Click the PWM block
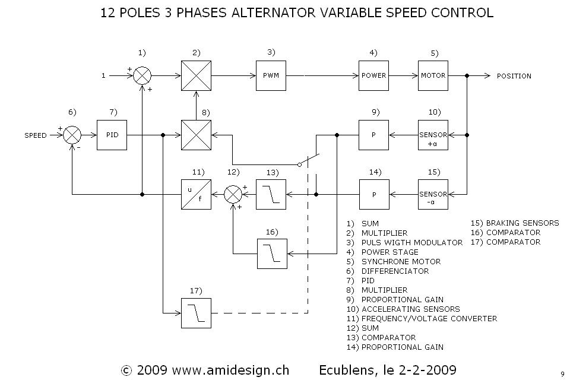(x=271, y=76)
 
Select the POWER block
(x=373, y=76)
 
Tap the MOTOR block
(x=433, y=76)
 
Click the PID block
(x=112, y=135)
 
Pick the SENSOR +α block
(x=433, y=135)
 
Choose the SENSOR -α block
(x=433, y=194)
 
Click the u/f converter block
(x=196, y=194)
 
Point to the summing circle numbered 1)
(x=142, y=76)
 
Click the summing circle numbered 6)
(x=72, y=135)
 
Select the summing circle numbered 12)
(x=233, y=194)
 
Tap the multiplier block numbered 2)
(x=196, y=76)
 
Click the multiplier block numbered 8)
(x=196, y=135)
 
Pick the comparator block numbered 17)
(x=196, y=312)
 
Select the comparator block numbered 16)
(x=272, y=254)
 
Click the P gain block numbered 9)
(x=373, y=135)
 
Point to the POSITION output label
(x=514, y=77)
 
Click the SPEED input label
(x=36, y=136)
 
